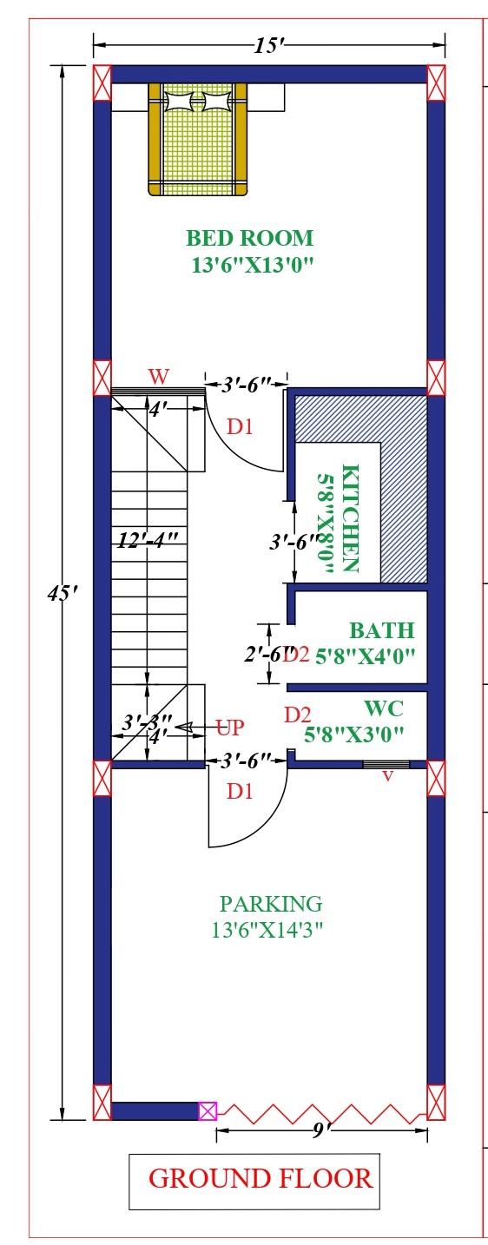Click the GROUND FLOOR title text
260,1178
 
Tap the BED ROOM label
249,238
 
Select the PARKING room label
271,904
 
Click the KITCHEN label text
350,517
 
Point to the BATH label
382,630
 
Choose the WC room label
384,708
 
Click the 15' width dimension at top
269,45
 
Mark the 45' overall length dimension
61,594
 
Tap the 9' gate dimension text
321,1130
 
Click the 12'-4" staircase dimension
148,540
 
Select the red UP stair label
229,727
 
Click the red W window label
158,377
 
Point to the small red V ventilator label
387,776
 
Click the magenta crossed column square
208,1111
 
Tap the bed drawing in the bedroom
197,139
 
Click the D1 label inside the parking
240,791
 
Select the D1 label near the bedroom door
240,426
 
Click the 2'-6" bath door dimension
268,654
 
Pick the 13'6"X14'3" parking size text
267,929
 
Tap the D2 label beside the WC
297,715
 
